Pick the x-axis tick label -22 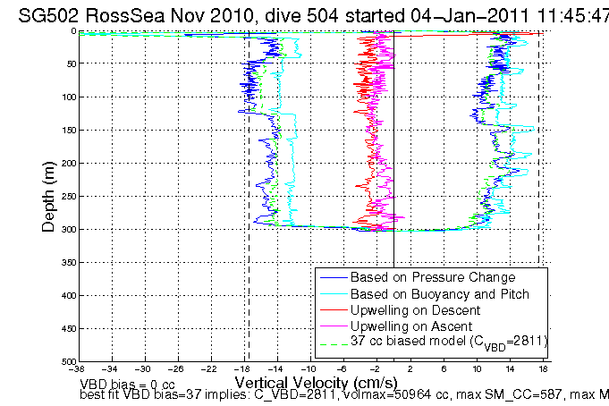(x=211, y=368)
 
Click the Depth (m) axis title (x=50, y=196)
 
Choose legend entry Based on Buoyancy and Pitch (x=433, y=293)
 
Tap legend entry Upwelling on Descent (x=412, y=309)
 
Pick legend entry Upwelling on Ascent (x=410, y=326)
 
